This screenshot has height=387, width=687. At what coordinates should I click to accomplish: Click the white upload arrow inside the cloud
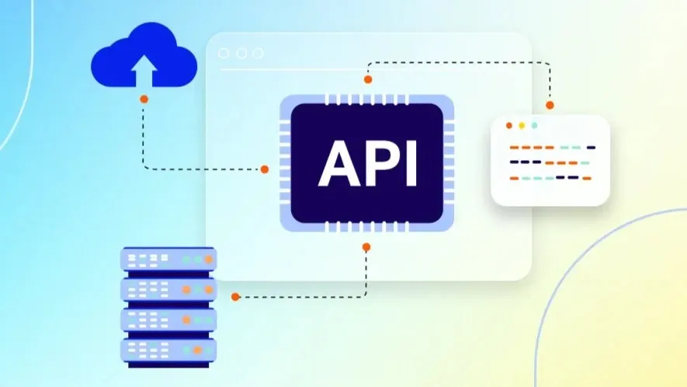143,72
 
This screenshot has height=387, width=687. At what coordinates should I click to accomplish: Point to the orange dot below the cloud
144,99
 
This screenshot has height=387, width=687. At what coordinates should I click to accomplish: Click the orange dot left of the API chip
264,169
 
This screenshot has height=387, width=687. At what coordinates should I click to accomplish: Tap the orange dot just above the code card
550,105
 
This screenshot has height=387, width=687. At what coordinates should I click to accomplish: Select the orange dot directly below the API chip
366,247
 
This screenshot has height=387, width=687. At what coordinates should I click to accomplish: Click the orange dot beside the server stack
235,296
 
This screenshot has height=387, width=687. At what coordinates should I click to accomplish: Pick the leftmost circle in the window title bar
224,53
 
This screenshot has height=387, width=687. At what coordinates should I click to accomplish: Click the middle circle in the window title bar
241,53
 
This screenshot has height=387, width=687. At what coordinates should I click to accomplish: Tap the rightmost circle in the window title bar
257,53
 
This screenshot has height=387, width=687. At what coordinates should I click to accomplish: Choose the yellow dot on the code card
522,125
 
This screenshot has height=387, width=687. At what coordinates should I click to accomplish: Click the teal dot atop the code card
534,125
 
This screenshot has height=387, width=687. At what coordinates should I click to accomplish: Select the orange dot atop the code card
509,125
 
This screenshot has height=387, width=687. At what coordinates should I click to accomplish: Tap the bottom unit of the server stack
168,349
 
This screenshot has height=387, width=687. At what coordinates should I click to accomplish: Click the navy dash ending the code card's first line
591,147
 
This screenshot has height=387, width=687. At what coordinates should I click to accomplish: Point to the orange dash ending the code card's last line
587,178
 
